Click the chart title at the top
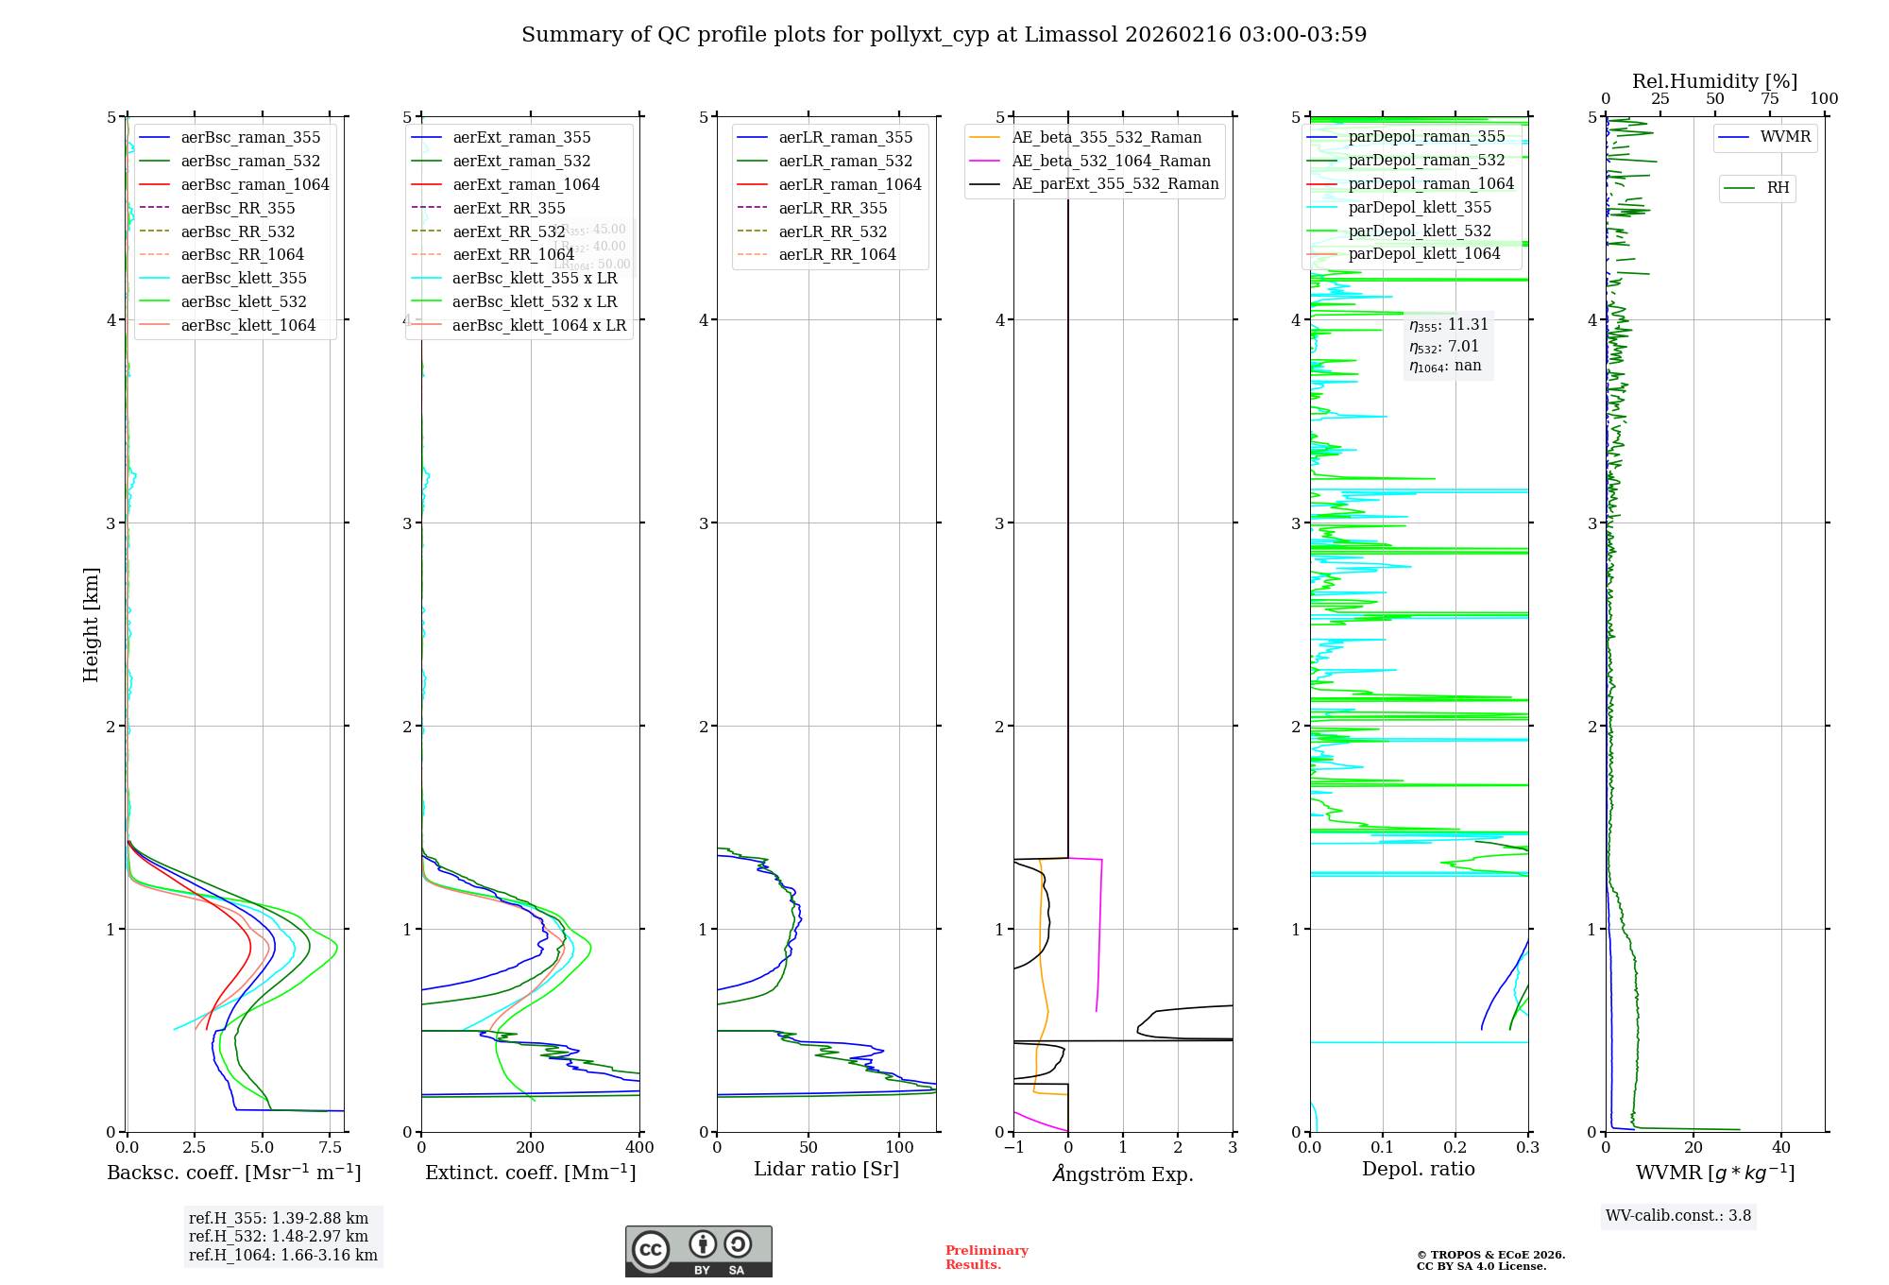(x=944, y=35)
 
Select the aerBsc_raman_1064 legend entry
(x=255, y=184)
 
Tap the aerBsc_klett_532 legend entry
(x=244, y=301)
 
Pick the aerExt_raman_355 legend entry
(x=521, y=138)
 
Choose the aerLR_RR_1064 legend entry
(x=837, y=254)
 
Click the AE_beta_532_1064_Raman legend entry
(x=1111, y=161)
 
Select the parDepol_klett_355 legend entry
(x=1420, y=207)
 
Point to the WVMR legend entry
(x=1785, y=137)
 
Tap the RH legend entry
(x=1778, y=188)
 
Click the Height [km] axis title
(x=91, y=625)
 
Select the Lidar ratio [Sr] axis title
(x=826, y=1169)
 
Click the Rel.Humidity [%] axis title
(x=1714, y=81)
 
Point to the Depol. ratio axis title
(x=1418, y=1169)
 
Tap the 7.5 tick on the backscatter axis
(x=330, y=1148)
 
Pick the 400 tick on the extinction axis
(x=639, y=1148)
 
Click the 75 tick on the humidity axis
(x=1769, y=99)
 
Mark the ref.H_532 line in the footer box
(x=279, y=1236)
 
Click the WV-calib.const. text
(x=1678, y=1216)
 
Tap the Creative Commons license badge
(x=698, y=1252)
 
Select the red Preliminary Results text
(x=986, y=1258)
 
